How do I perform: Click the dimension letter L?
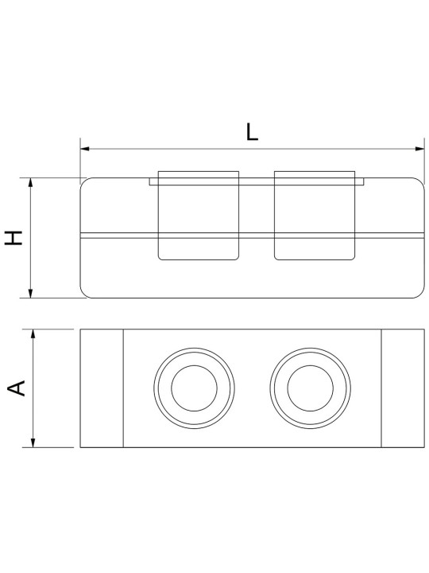252,132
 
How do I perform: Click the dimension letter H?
14,237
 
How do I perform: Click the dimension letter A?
17,388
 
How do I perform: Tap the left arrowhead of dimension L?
85,149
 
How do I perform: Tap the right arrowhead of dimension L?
420,149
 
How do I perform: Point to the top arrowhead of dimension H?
31,182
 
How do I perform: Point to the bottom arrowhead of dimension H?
31,293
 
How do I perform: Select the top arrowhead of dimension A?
33,333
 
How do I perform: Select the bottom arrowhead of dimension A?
33,442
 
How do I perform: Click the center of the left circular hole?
194,388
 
